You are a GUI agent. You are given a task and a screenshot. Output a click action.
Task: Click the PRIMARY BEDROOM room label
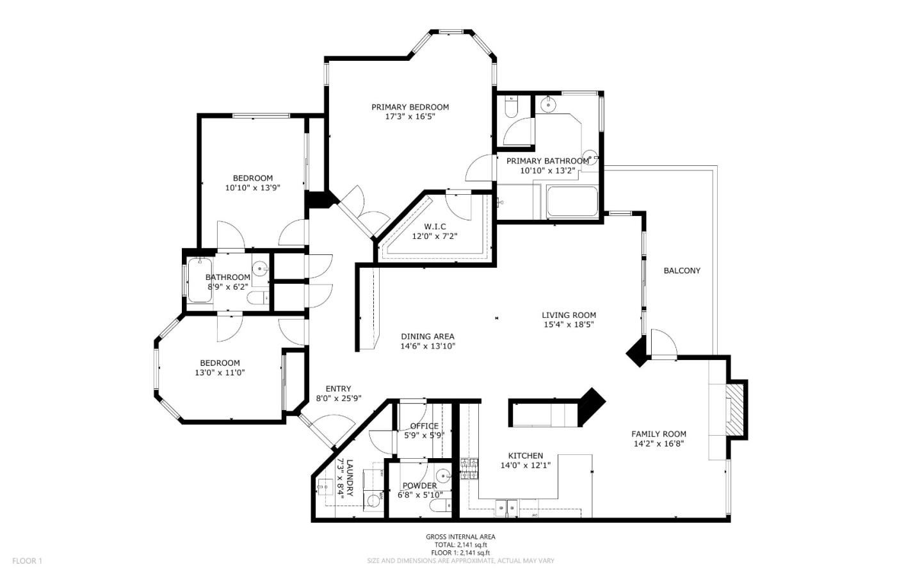click(x=410, y=107)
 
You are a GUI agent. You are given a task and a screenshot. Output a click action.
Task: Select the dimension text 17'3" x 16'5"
click(x=410, y=117)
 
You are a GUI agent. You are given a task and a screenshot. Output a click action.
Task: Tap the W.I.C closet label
click(x=435, y=226)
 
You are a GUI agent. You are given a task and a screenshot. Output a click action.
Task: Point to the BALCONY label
click(x=681, y=270)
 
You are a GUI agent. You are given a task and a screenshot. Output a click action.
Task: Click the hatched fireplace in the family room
click(x=736, y=410)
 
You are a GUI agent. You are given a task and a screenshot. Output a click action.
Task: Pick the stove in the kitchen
click(x=469, y=469)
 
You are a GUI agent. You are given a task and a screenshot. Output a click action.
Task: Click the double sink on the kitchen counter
click(x=506, y=507)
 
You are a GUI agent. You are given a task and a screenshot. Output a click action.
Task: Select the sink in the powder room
click(x=442, y=476)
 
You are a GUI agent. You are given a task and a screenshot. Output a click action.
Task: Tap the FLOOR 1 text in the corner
click(x=27, y=561)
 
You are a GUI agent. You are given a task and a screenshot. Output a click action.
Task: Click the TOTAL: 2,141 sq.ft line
click(x=460, y=545)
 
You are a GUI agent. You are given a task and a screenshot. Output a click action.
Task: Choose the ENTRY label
click(x=338, y=388)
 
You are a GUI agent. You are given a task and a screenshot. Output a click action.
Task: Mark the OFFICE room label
click(x=424, y=426)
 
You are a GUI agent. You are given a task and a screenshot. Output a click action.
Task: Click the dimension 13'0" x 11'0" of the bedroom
click(x=220, y=372)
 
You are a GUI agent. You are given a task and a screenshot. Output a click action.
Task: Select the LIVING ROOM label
click(x=569, y=315)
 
